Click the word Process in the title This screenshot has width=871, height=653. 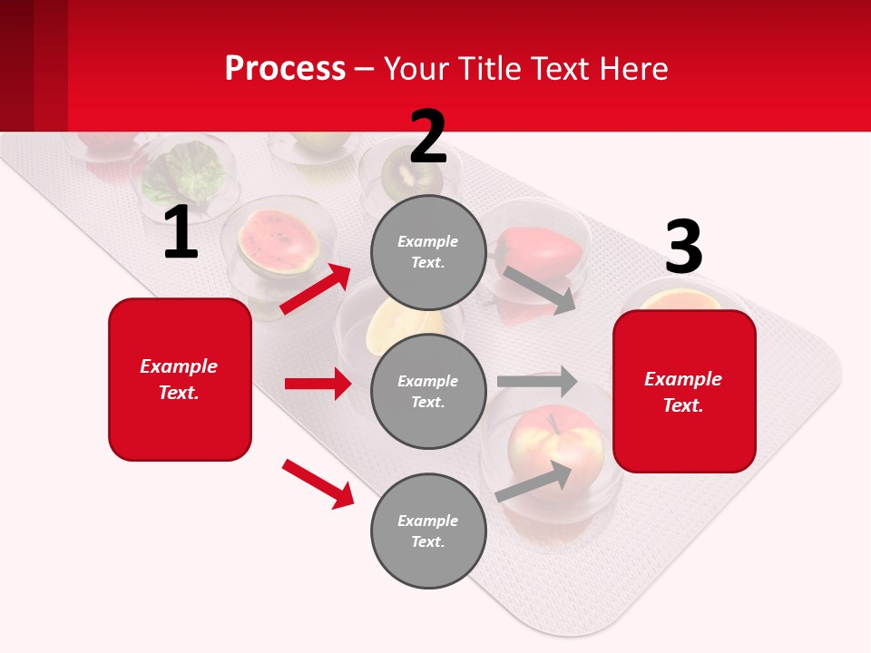285,68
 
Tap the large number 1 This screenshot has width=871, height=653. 181,233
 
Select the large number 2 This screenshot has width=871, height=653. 428,136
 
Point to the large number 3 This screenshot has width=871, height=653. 683,248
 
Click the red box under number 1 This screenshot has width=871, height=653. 180,379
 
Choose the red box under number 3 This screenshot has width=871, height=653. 684,391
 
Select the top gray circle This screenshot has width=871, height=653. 428,252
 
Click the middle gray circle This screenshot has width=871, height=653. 428,391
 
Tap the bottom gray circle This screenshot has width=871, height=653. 428,531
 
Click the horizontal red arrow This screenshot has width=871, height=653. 318,384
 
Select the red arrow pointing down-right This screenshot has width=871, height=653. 318,483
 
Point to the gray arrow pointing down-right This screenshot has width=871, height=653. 540,289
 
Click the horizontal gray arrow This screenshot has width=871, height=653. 536,382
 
